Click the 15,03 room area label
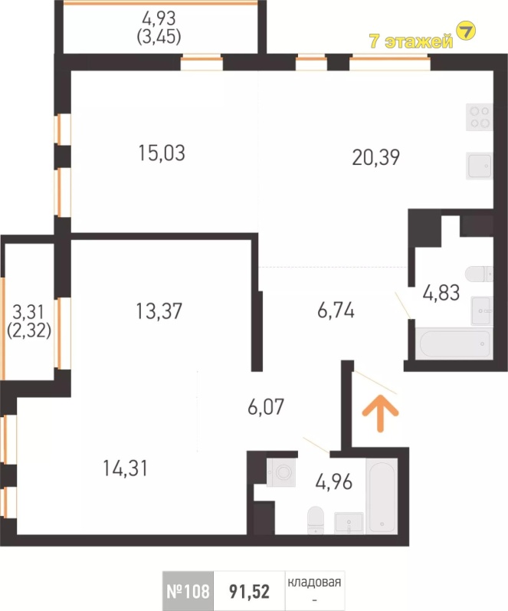pyautogui.click(x=162, y=153)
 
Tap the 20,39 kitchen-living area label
pyautogui.click(x=376, y=158)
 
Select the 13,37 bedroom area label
pyautogui.click(x=159, y=311)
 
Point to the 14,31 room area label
pyautogui.click(x=126, y=468)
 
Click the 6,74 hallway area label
pyautogui.click(x=336, y=311)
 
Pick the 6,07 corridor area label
pyautogui.click(x=266, y=407)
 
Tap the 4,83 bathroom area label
pyautogui.click(x=441, y=293)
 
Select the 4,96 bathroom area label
pyautogui.click(x=334, y=482)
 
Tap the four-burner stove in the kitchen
pyautogui.click(x=479, y=117)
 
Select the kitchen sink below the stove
pyautogui.click(x=479, y=166)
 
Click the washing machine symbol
pyautogui.click(x=281, y=472)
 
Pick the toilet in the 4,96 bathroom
pyautogui.click(x=316, y=521)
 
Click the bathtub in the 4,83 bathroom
pyautogui.click(x=454, y=343)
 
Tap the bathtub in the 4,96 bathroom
pyautogui.click(x=382, y=496)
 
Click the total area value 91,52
pyautogui.click(x=249, y=592)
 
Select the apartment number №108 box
pyautogui.click(x=188, y=591)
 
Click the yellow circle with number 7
pyautogui.click(x=466, y=31)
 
